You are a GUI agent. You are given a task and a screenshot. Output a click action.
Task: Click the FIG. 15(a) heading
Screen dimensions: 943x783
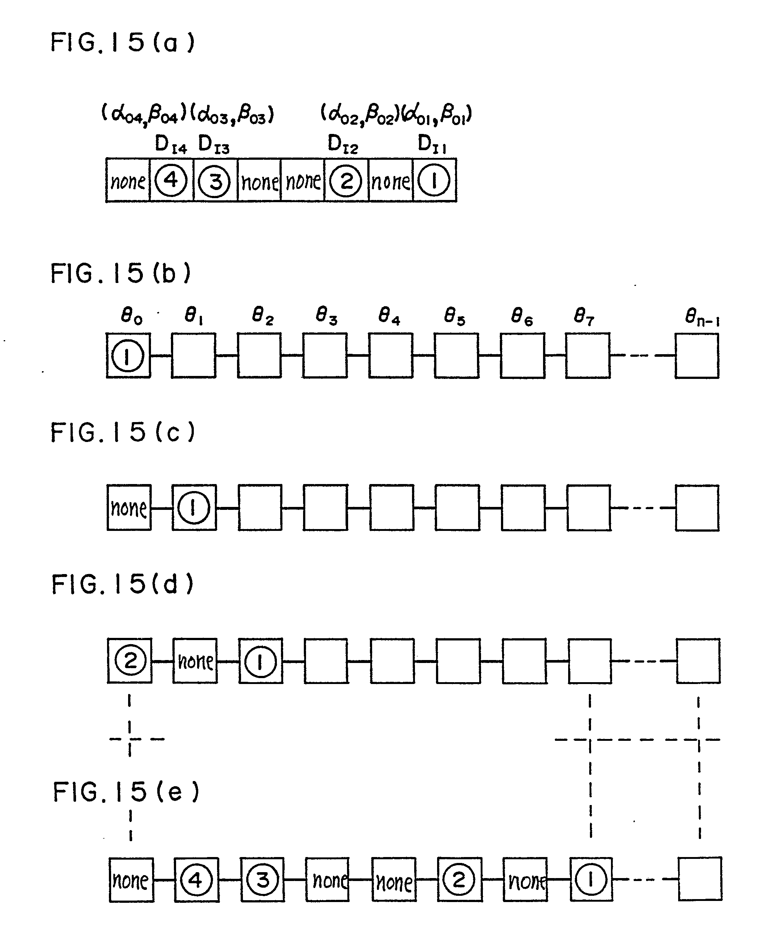point(122,43)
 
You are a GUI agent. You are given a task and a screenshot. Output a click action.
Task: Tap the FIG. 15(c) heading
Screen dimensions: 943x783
point(122,432)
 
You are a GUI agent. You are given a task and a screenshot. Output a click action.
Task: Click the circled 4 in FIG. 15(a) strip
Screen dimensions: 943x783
point(171,180)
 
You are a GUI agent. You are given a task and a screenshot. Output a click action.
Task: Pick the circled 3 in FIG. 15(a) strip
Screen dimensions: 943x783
point(215,181)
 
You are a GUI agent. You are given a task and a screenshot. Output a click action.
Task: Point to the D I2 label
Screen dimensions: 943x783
point(342,145)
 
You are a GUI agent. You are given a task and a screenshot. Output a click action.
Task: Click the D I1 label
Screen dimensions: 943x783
point(432,145)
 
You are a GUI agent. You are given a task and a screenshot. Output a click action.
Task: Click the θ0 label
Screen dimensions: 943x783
point(131,317)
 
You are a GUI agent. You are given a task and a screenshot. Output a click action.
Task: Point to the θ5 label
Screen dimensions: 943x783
point(454,317)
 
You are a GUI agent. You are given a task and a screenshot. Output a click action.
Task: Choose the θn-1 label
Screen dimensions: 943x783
point(702,318)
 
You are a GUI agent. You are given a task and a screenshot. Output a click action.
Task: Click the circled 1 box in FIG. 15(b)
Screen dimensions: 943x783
point(128,355)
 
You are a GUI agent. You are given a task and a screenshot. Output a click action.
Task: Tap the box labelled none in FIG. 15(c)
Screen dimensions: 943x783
point(129,508)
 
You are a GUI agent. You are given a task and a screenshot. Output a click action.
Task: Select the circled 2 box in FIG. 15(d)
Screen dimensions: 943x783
point(130,660)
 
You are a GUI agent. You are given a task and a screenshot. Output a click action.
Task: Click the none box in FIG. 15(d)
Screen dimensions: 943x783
point(195,660)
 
